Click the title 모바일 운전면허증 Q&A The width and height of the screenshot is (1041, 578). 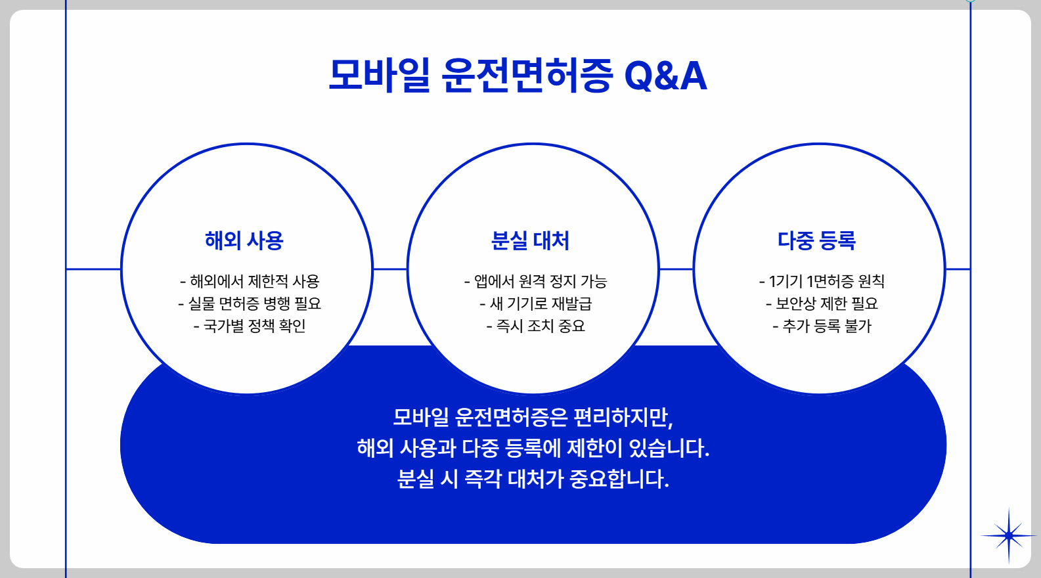point(518,76)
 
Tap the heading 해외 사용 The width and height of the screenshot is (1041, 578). point(244,240)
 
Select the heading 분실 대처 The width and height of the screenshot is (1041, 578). point(530,240)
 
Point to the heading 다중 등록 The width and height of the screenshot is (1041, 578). point(816,240)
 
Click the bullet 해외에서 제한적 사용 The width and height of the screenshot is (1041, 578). point(250,282)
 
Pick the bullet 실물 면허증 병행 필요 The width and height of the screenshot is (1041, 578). point(250,303)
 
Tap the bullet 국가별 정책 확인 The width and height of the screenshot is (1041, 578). point(250,326)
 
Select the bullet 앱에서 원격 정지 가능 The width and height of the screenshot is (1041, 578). point(535,282)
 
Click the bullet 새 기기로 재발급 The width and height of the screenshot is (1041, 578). point(535,303)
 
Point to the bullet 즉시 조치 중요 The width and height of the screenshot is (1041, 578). point(535,326)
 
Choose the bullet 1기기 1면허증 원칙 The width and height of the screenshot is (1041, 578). point(822,282)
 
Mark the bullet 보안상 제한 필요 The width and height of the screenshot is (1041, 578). point(822,303)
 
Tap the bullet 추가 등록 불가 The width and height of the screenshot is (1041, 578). point(822,326)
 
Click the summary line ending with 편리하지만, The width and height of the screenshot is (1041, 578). point(533,417)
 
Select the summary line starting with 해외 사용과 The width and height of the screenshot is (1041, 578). point(533,448)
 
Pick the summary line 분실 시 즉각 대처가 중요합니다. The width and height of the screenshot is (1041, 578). point(533,479)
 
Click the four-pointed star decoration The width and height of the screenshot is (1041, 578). point(1008,536)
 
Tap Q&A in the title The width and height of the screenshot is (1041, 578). point(665,76)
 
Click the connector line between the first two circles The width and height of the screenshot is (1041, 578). point(390,269)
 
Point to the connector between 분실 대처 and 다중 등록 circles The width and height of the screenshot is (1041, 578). point(676,269)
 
